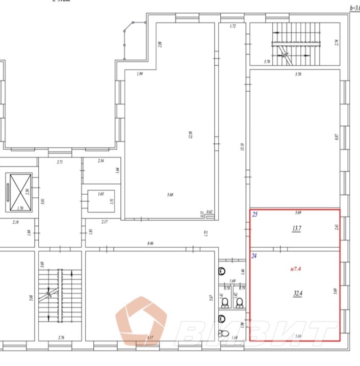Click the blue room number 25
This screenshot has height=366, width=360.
[255, 214]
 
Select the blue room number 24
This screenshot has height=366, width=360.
[255, 256]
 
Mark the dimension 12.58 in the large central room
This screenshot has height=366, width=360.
[190, 137]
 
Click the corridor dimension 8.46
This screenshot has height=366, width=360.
[149, 244]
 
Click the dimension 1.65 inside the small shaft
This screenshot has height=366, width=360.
[100, 195]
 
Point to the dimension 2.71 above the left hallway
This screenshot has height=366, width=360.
[59, 162]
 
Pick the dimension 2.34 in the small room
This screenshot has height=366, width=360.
[101, 161]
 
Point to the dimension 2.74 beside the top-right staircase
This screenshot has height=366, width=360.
[337, 43]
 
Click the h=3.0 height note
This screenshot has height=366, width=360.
[354, 8]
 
